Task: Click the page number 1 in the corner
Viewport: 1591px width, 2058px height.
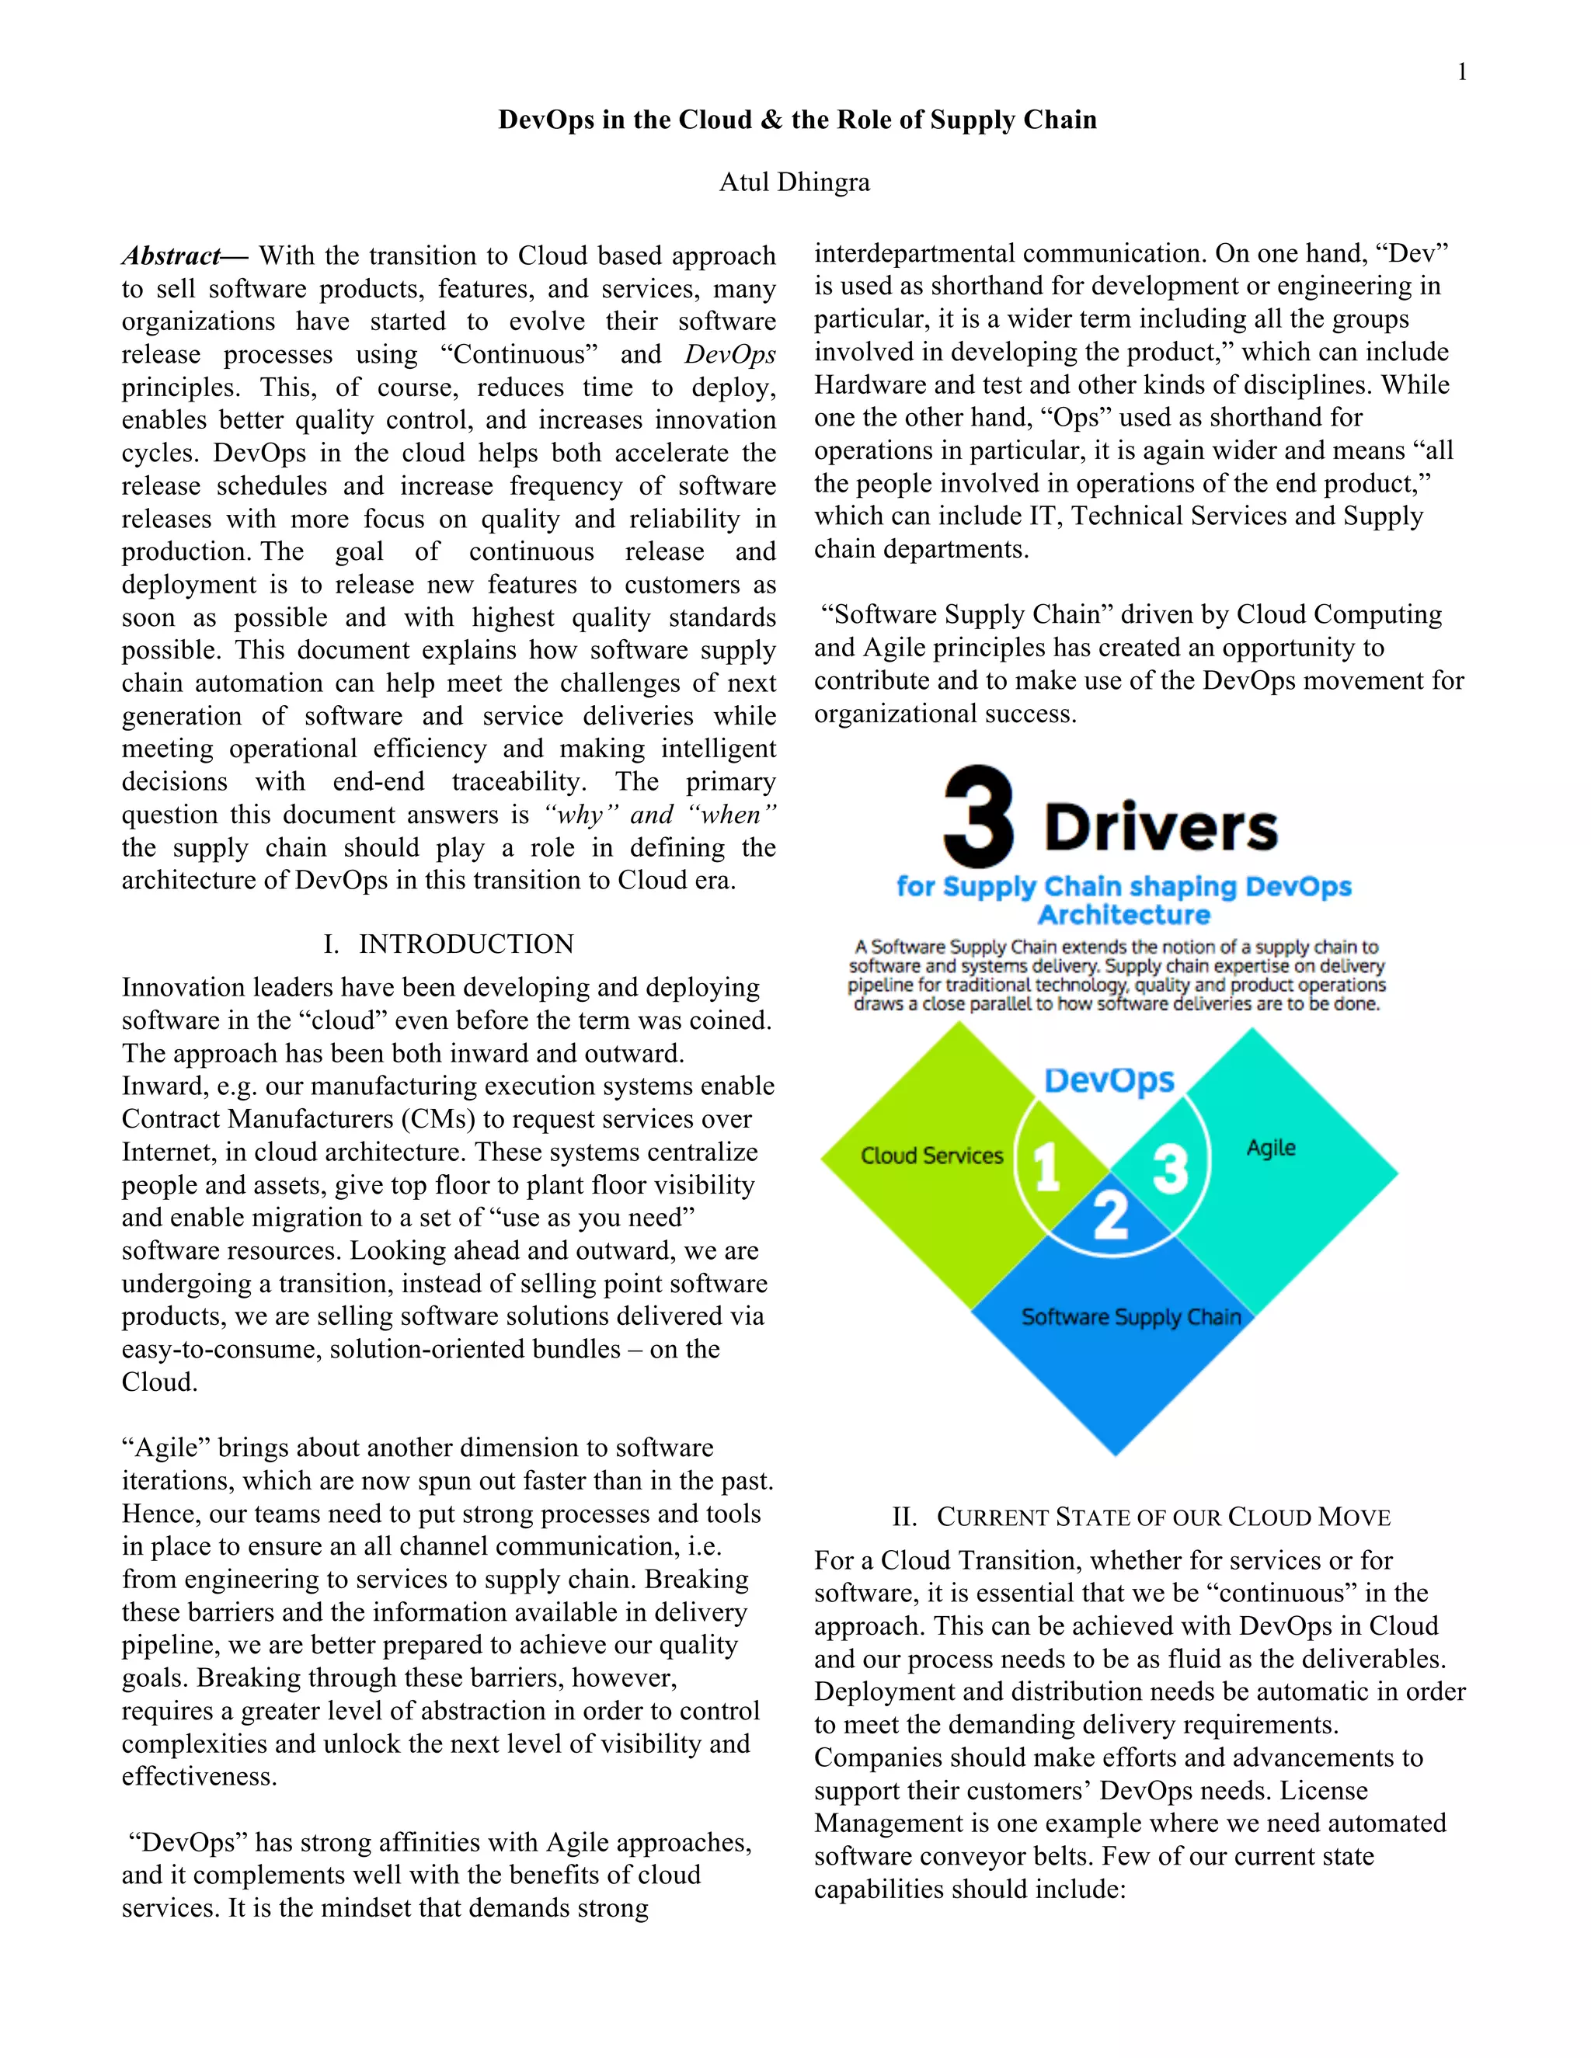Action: [x=1461, y=72]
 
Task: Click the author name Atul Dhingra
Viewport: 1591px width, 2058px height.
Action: [x=795, y=182]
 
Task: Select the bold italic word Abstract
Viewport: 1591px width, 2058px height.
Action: [x=171, y=256]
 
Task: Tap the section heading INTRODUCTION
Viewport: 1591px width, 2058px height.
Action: [x=465, y=944]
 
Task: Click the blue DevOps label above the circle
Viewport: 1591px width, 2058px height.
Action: [x=1109, y=1080]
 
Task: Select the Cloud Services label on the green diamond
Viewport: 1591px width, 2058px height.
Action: [x=931, y=1156]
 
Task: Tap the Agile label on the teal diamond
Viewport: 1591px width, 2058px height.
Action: [x=1270, y=1148]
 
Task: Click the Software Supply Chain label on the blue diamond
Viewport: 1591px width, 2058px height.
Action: [x=1131, y=1316]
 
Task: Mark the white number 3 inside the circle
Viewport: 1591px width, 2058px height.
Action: [x=1170, y=1170]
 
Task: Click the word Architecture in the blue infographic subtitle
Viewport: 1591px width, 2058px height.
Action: [x=1123, y=915]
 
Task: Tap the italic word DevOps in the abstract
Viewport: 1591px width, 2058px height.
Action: [x=729, y=355]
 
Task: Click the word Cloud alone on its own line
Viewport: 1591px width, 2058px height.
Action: [x=159, y=1382]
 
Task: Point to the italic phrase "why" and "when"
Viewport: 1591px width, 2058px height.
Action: [x=660, y=815]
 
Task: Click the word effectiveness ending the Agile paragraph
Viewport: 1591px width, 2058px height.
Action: [x=199, y=1776]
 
